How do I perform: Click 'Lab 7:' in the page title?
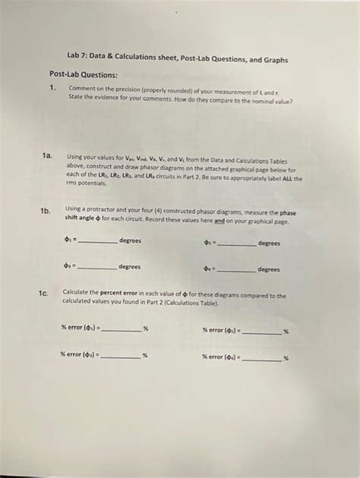pos(76,59)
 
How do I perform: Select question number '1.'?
pos(52,87)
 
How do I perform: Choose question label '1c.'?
pos(44,292)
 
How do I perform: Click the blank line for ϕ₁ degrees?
pos(98,242)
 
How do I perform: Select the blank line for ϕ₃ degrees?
pos(98,269)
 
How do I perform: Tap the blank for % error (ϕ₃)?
pos(121,357)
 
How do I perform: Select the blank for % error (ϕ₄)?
pos(263,358)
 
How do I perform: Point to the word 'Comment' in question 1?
pos(81,88)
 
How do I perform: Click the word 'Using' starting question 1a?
pos(75,154)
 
